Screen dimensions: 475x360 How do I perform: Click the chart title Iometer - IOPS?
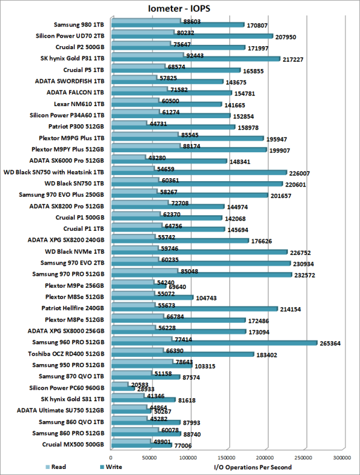tap(179, 8)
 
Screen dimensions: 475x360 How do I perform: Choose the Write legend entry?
tap(118, 466)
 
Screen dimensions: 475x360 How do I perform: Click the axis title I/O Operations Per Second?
tap(253, 467)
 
